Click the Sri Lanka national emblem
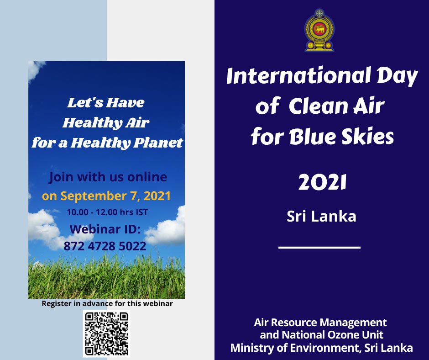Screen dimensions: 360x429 point(319,30)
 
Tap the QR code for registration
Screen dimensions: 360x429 point(106,334)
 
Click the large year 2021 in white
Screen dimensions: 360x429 point(322,183)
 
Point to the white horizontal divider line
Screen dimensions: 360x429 point(319,248)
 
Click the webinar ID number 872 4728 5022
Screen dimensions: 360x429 point(105,246)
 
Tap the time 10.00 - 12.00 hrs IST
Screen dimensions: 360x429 point(107,212)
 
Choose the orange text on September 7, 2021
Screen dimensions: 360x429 point(106,196)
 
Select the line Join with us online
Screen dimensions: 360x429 point(108,177)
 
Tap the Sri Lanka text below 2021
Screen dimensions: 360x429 point(321,216)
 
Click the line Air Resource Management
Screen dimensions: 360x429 point(320,322)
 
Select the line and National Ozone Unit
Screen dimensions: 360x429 point(321,335)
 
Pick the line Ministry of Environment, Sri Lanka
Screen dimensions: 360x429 point(321,348)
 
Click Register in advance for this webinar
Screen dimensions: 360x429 point(107,303)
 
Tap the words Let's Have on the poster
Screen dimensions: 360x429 point(106,103)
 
